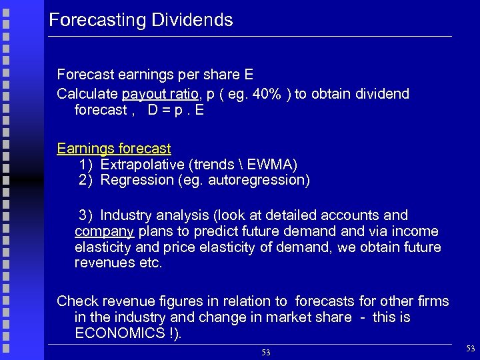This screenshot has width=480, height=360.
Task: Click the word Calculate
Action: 87,94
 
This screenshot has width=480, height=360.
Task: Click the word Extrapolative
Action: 143,164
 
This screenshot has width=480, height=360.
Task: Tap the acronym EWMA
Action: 273,164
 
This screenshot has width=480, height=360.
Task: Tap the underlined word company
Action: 105,231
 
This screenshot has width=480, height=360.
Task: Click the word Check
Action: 76,301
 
